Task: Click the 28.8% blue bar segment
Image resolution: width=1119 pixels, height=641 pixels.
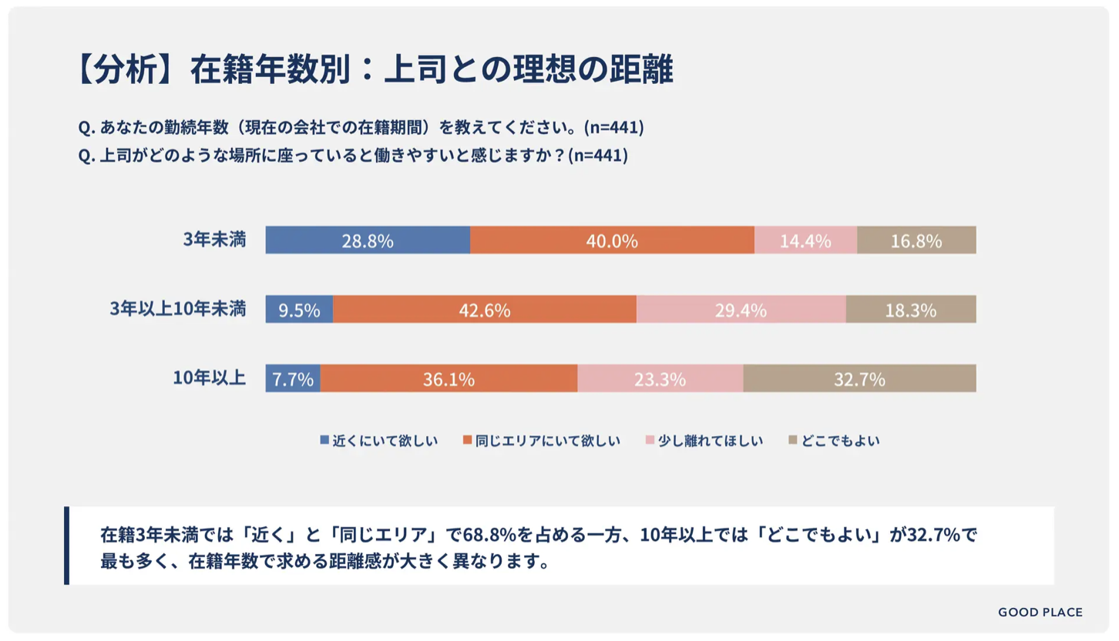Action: point(368,240)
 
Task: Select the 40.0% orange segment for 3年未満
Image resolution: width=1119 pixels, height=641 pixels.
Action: point(612,240)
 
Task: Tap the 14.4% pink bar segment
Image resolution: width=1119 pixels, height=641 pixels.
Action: point(805,240)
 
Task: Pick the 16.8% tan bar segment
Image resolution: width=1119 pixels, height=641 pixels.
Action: point(916,240)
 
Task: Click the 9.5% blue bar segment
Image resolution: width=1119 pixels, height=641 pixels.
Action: point(299,310)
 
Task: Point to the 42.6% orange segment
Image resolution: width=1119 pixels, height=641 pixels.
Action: point(485,310)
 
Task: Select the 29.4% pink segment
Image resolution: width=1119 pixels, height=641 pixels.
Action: point(741,310)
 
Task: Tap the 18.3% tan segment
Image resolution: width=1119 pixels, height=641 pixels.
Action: point(911,310)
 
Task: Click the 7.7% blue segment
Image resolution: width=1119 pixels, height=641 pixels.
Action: point(293,379)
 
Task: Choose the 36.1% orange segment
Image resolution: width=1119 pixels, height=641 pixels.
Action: point(449,379)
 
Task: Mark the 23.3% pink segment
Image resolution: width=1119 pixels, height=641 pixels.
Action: point(660,379)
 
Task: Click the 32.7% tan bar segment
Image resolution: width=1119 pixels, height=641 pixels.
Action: point(859,379)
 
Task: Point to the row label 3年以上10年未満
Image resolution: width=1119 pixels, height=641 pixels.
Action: point(177,310)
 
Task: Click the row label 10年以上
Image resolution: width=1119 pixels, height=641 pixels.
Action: point(210,378)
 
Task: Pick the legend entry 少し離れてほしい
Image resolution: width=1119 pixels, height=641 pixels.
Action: point(703,441)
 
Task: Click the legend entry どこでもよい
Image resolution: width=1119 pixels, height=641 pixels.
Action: point(834,441)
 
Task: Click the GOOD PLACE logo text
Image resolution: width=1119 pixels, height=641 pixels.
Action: point(1040,612)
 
